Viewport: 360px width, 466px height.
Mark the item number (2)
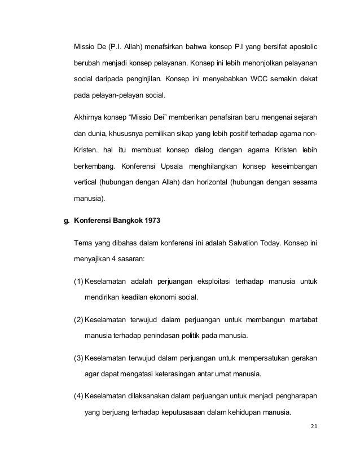[x=79, y=320]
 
